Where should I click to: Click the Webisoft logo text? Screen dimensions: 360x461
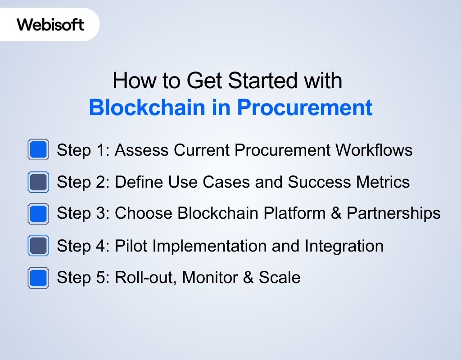(x=50, y=24)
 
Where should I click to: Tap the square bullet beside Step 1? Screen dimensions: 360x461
(x=38, y=150)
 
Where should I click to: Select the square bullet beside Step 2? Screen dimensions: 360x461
(x=38, y=182)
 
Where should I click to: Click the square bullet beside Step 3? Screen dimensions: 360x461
(x=38, y=214)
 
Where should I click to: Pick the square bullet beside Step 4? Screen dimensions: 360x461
(x=38, y=246)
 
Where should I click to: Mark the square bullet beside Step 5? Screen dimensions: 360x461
(x=38, y=278)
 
